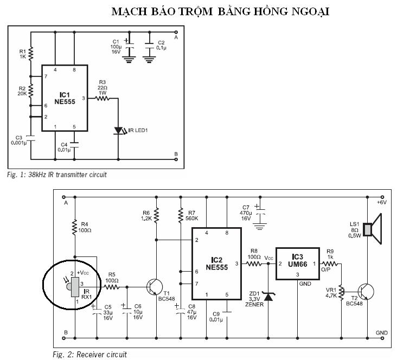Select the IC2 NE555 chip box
pos(215,263)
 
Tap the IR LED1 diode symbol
pos(118,131)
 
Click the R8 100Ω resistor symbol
pos(254,264)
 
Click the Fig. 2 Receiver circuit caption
pos(89,355)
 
